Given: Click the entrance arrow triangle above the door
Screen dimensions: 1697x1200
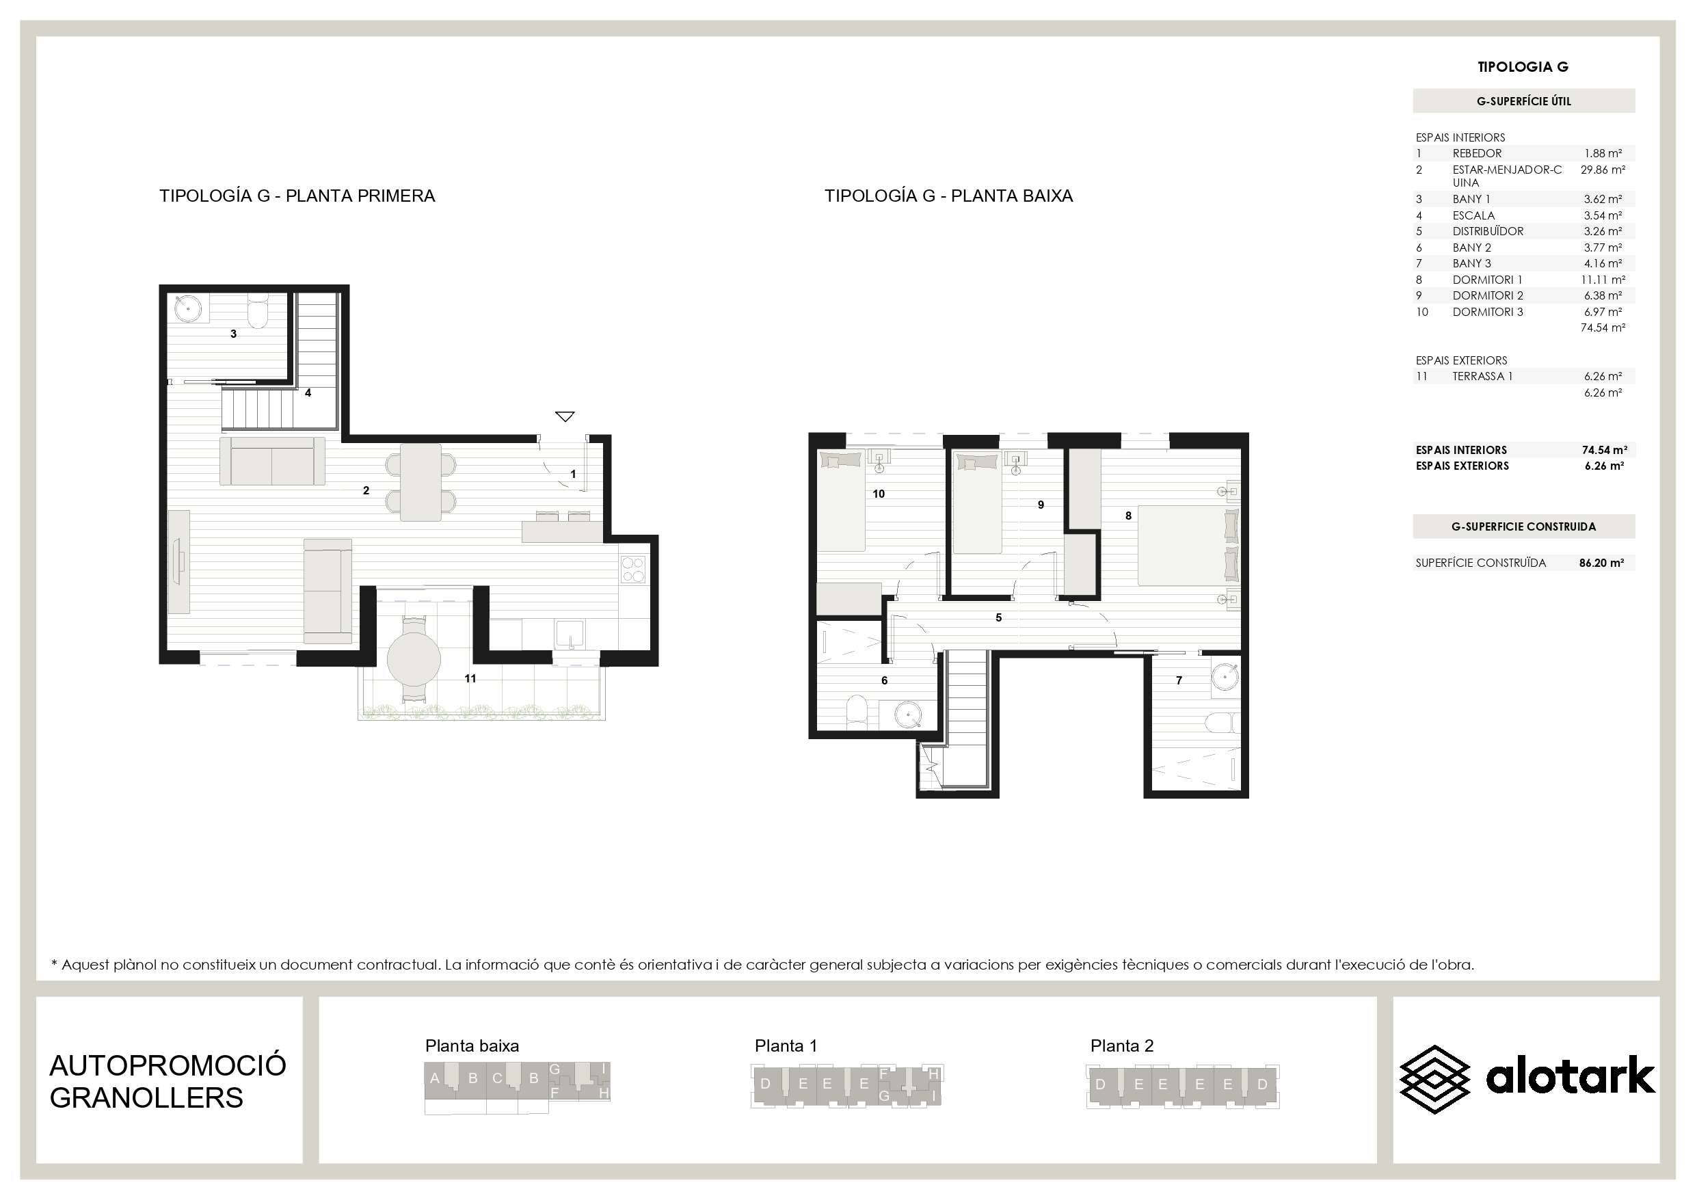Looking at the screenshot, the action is click(x=565, y=417).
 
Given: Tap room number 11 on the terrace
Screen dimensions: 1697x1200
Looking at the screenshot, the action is click(x=470, y=678).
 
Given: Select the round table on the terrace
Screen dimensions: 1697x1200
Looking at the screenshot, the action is click(x=414, y=658).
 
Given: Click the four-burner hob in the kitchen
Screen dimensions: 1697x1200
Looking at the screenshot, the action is click(x=632, y=570).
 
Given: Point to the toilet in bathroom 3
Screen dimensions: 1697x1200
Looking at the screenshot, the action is click(x=257, y=312).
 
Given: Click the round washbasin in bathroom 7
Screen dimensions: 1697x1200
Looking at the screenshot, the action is click(x=1225, y=677).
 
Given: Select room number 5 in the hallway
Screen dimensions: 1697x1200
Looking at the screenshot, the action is click(x=998, y=617).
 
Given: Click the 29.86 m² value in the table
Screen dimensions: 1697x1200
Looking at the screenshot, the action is click(x=1603, y=170).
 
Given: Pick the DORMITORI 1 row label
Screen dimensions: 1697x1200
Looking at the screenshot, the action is click(x=1487, y=280).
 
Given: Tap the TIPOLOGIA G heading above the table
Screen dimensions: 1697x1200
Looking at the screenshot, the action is click(x=1523, y=66).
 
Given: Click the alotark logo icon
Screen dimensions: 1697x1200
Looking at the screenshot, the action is click(x=1434, y=1080).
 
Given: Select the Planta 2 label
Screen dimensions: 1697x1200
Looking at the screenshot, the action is click(x=1122, y=1045).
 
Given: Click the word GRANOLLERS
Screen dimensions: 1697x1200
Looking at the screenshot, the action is click(x=146, y=1098).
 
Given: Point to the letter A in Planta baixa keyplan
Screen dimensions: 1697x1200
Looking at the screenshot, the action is click(x=435, y=1078).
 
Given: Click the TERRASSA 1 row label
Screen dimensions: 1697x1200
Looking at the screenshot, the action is click(x=1483, y=376).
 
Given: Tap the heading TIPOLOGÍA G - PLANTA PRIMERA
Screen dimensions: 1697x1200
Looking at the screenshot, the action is click(x=297, y=196).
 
